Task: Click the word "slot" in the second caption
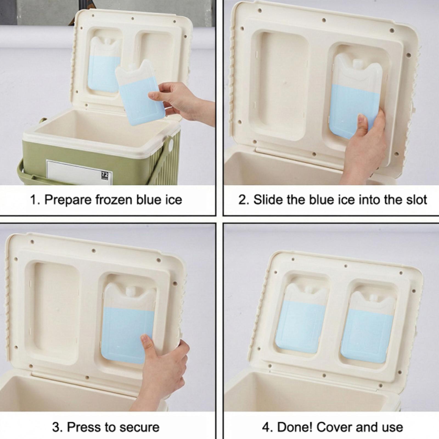click(x=416, y=200)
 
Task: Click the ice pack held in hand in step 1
click(x=140, y=92)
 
